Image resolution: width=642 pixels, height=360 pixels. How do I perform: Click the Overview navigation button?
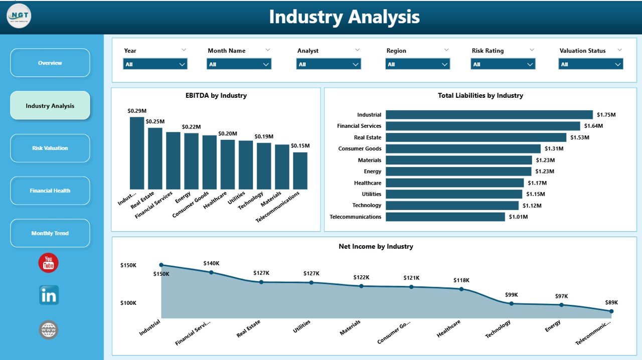pyautogui.click(x=50, y=63)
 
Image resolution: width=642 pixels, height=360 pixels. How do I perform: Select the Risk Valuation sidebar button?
pyautogui.click(x=50, y=148)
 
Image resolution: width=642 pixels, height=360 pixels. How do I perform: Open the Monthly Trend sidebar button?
pyautogui.click(x=50, y=233)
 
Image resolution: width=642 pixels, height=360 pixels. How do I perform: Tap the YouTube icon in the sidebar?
pyautogui.click(x=49, y=263)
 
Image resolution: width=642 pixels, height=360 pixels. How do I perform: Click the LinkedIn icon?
pyautogui.click(x=49, y=295)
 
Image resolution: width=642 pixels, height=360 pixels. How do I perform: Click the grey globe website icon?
pyautogui.click(x=49, y=330)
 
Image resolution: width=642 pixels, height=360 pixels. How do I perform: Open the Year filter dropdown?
pyautogui.click(x=155, y=64)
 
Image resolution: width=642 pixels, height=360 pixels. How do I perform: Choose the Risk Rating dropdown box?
pyautogui.click(x=503, y=64)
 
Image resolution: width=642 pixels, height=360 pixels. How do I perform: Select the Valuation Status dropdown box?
pyautogui.click(x=591, y=64)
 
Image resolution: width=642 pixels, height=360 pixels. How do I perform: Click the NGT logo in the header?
pyautogui.click(x=19, y=16)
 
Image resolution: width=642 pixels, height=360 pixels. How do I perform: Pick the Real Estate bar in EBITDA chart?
pyautogui.click(x=155, y=158)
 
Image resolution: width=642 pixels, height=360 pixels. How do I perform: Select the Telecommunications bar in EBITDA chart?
pyautogui.click(x=300, y=170)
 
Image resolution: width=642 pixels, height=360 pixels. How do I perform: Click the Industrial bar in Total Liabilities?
pyautogui.click(x=489, y=115)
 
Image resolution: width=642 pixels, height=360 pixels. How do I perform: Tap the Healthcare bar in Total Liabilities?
pyautogui.click(x=454, y=183)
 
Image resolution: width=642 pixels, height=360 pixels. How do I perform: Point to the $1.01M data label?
pyautogui.click(x=519, y=217)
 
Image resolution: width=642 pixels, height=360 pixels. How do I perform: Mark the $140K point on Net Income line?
pyautogui.click(x=211, y=272)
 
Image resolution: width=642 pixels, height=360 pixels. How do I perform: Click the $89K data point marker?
pyautogui.click(x=611, y=311)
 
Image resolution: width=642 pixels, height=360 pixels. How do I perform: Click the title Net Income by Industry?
pyautogui.click(x=376, y=246)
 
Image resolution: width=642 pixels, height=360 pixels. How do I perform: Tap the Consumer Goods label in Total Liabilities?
pyautogui.click(x=360, y=148)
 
